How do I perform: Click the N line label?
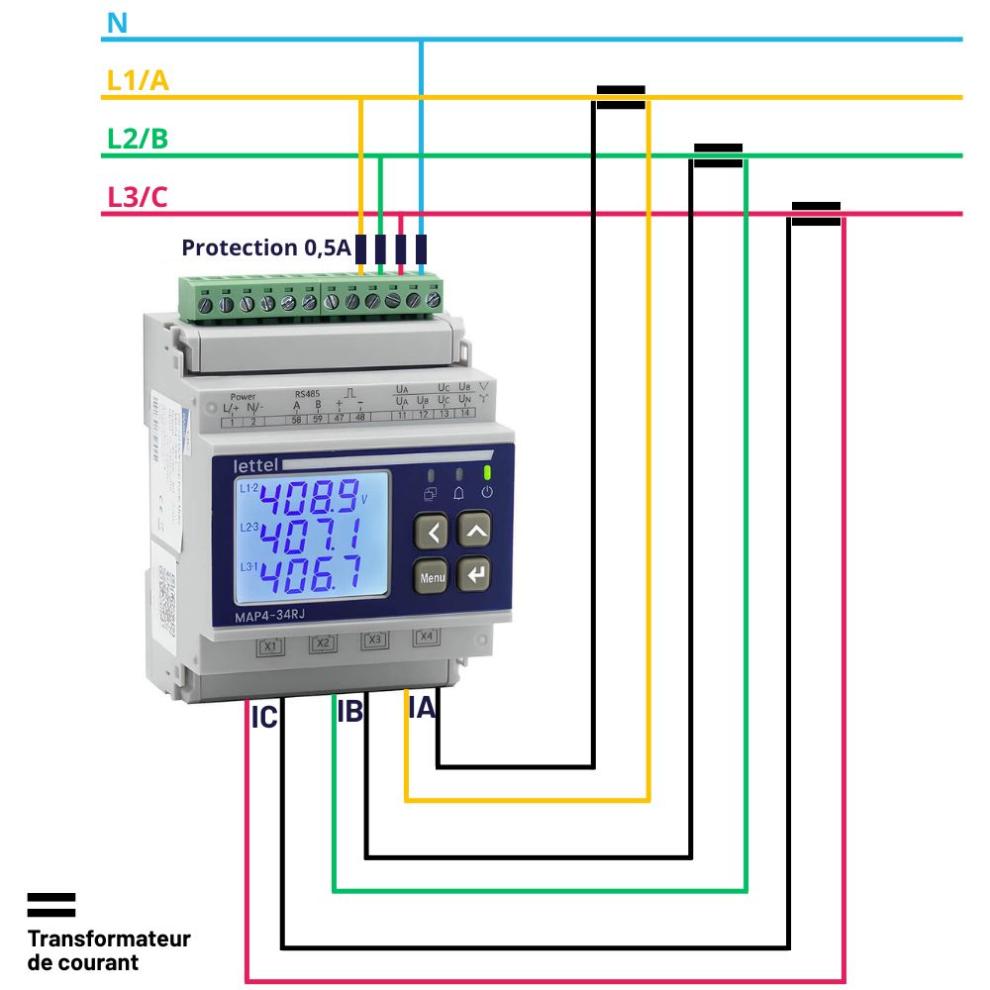point(117,23)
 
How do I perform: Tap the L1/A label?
point(138,81)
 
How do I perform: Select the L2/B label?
point(138,139)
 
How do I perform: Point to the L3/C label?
point(138,197)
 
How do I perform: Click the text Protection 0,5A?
point(266,247)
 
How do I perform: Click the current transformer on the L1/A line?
point(621,96)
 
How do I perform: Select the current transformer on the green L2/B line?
point(718,154)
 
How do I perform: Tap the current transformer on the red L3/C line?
point(816,213)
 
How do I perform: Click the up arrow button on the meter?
point(476,531)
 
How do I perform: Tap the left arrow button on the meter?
point(433,531)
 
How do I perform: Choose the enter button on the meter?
point(476,574)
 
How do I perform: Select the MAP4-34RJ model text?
point(269,618)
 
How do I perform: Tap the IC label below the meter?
point(264,719)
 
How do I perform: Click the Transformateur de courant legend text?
point(108,949)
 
